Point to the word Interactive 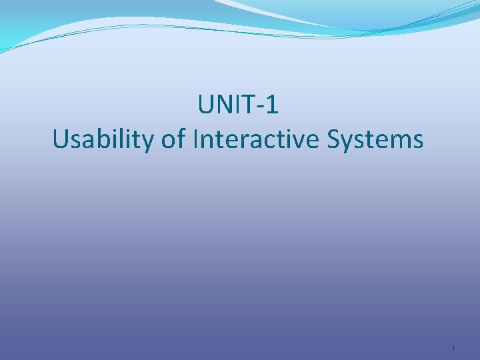[x=257, y=139]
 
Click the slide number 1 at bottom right [x=453, y=349]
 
